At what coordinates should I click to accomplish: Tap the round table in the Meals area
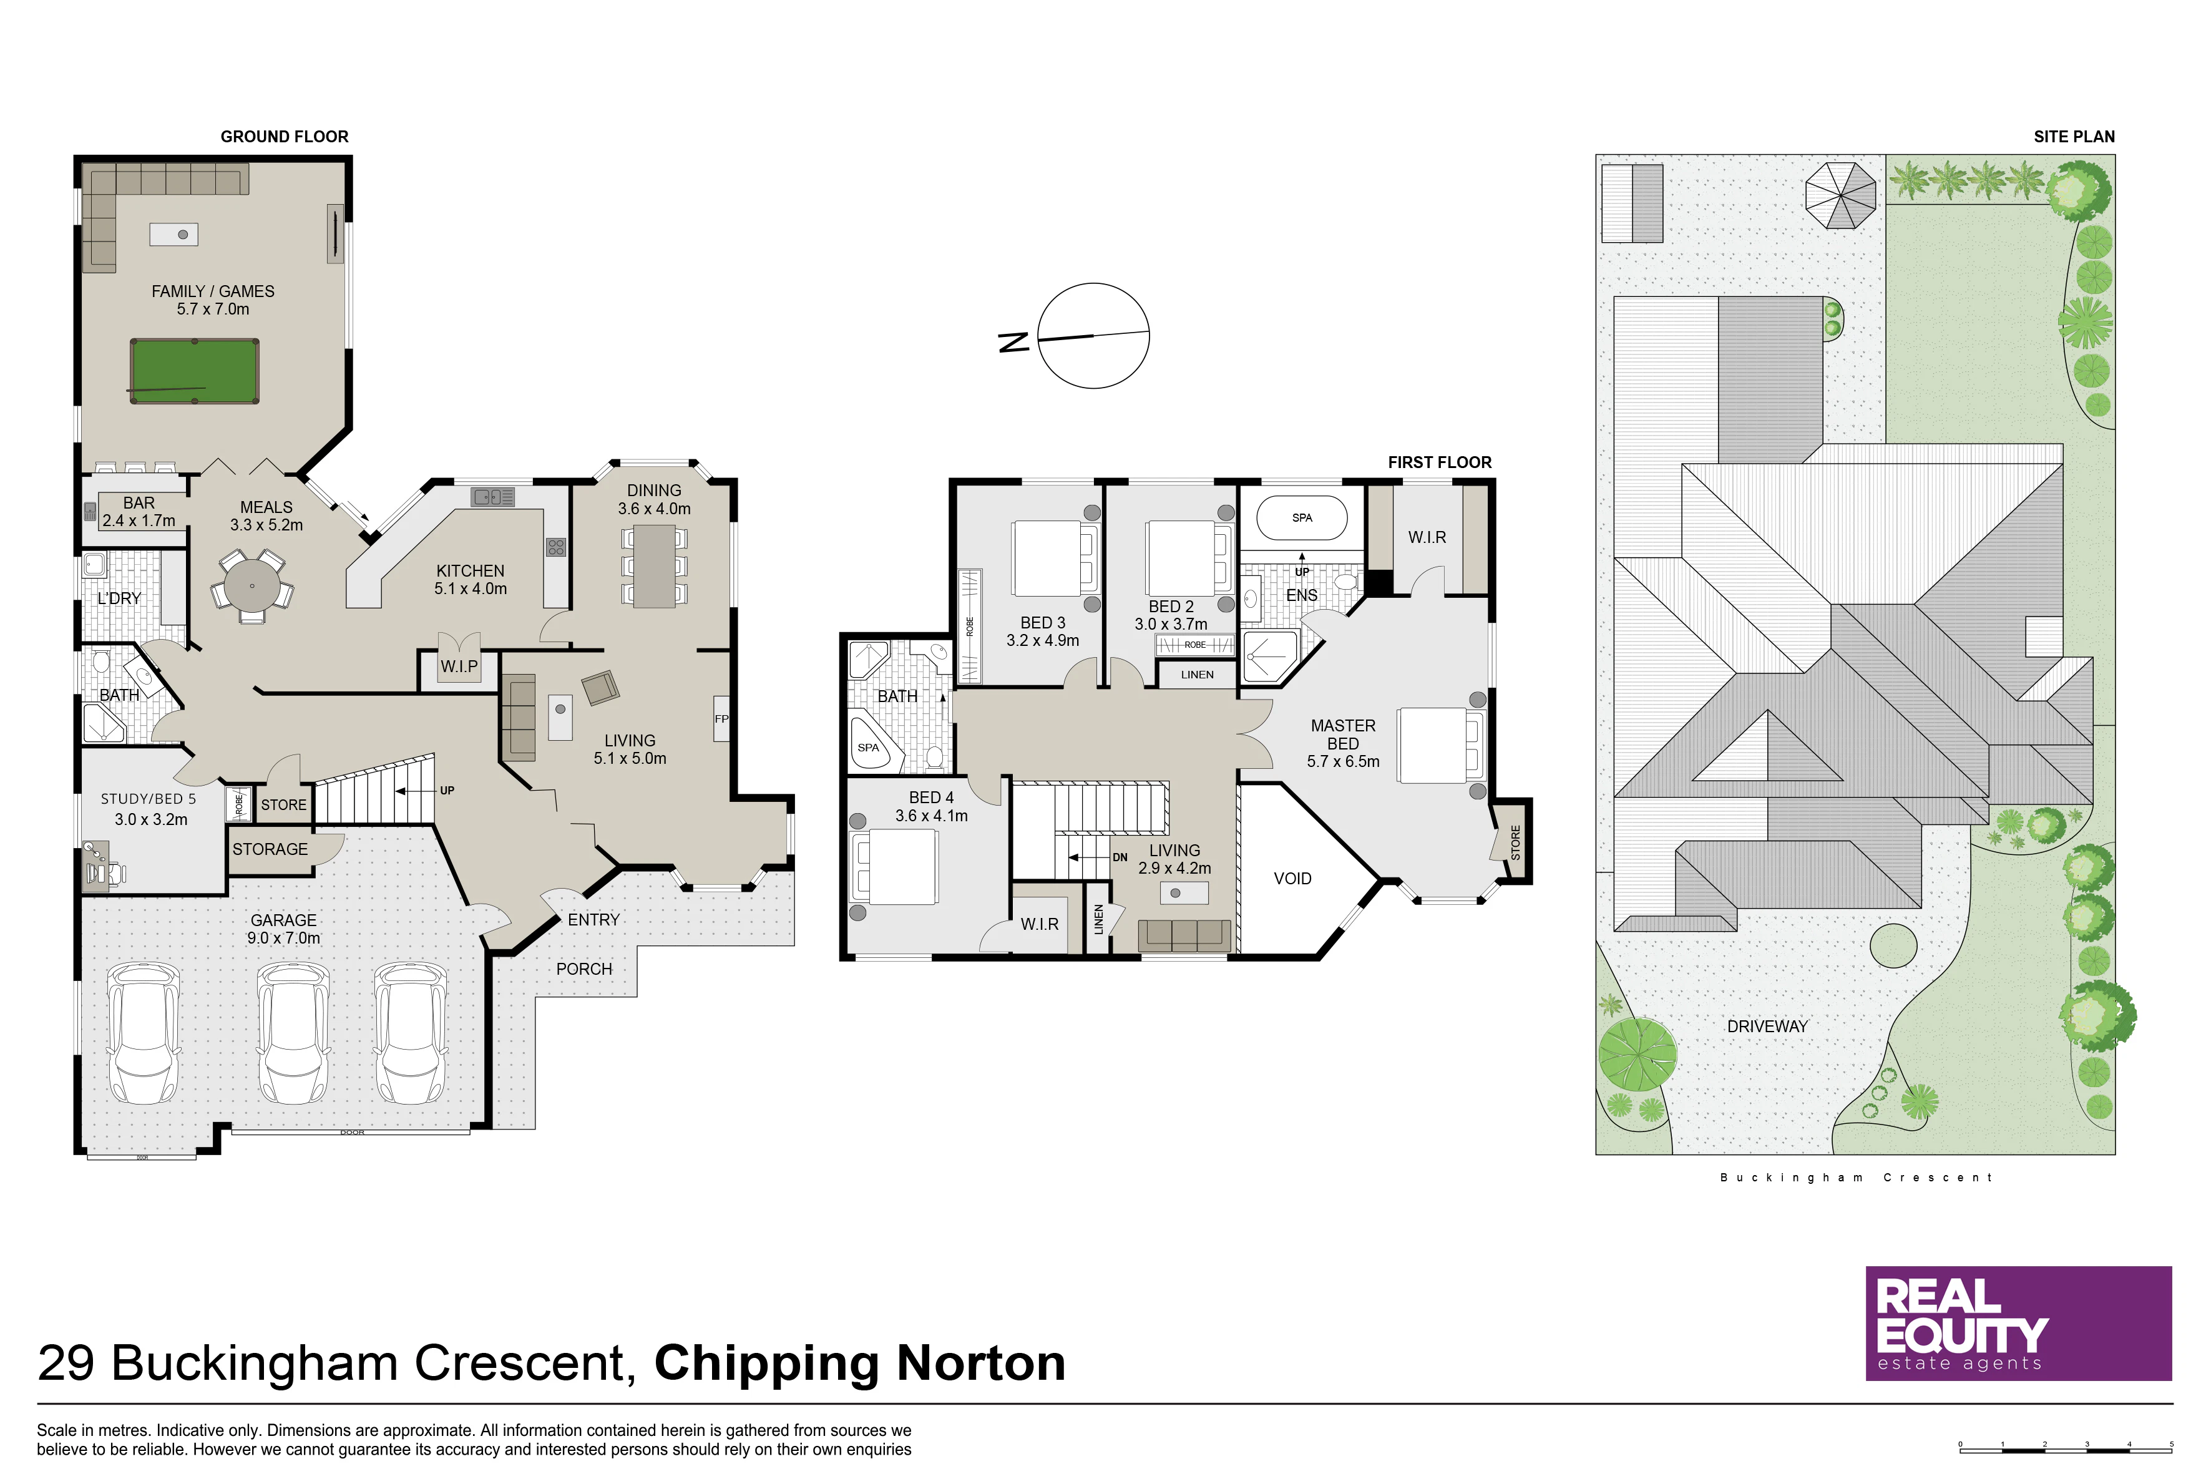(252, 585)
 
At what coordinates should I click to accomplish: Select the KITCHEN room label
(470, 570)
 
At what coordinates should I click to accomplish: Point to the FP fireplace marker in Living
(721, 719)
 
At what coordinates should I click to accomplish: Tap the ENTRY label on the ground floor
(593, 919)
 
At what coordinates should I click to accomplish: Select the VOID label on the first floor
(1292, 878)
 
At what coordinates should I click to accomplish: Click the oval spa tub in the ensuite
(1302, 518)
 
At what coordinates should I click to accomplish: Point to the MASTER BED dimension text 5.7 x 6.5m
(1344, 761)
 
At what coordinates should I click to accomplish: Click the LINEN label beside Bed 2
(1197, 674)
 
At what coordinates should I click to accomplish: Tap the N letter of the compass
(1013, 342)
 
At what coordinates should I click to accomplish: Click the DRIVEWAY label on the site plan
(1767, 1027)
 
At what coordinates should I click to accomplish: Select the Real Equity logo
(2018, 1324)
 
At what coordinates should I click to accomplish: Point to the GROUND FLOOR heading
(285, 136)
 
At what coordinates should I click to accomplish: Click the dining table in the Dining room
(654, 566)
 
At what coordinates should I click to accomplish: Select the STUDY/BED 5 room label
(149, 799)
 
